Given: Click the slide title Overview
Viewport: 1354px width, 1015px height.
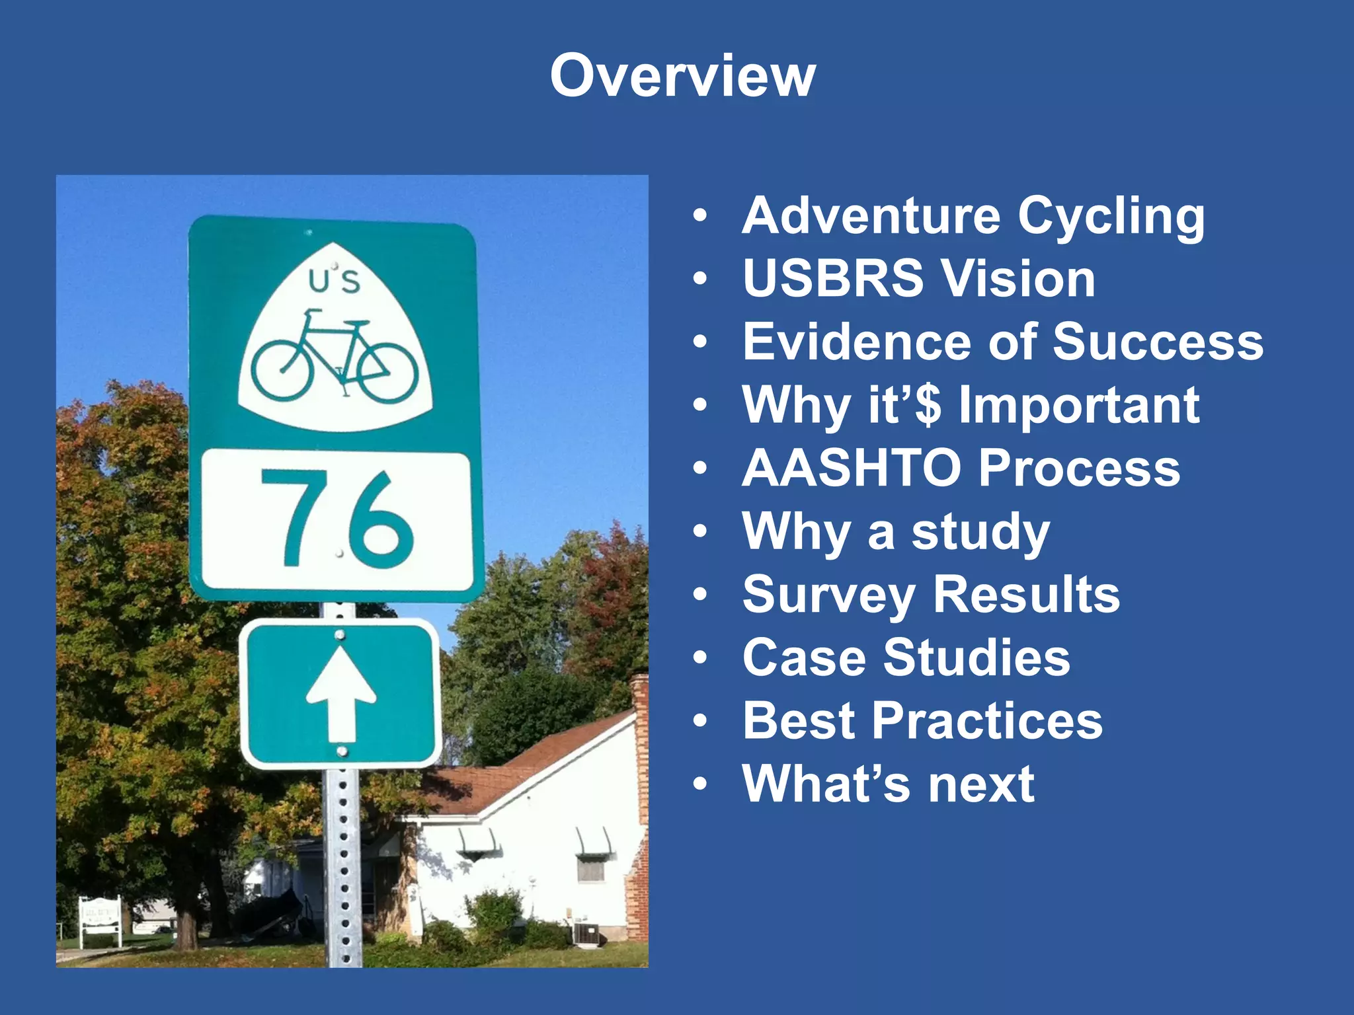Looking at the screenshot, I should click(682, 76).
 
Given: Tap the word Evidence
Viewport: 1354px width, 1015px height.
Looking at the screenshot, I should click(857, 342).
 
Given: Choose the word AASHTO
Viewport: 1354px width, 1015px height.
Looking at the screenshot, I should click(852, 468).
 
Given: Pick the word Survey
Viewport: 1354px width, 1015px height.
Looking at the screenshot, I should click(829, 595).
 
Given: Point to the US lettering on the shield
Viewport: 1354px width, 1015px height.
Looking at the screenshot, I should click(335, 281).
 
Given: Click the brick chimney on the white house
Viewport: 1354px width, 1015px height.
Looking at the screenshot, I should click(639, 806).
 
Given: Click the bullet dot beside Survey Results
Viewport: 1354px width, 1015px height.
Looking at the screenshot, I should click(700, 595).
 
